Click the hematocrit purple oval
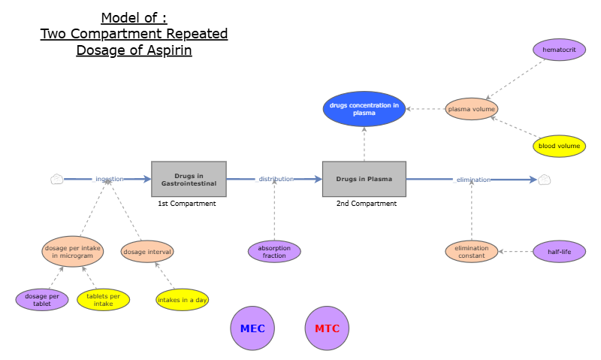pyautogui.click(x=559, y=50)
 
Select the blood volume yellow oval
pyautogui.click(x=559, y=146)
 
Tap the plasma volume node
pyautogui.click(x=471, y=109)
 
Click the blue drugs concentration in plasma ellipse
pyautogui.click(x=364, y=109)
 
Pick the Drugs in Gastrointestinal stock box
pyautogui.click(x=189, y=179)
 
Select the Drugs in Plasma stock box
pyautogui.click(x=364, y=179)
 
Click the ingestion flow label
pyautogui.click(x=110, y=179)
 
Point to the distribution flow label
pyautogui.click(x=276, y=179)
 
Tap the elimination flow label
pyautogui.click(x=473, y=180)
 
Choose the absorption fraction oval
pyautogui.click(x=274, y=252)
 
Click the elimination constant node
pyautogui.click(x=471, y=252)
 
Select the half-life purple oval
pyautogui.click(x=559, y=252)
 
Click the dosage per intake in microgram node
pyautogui.click(x=72, y=252)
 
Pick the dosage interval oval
pyautogui.click(x=147, y=252)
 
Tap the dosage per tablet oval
pyautogui.click(x=42, y=300)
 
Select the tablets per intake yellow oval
pyautogui.click(x=104, y=300)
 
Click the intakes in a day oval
pyautogui.click(x=182, y=300)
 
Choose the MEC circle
pyautogui.click(x=252, y=328)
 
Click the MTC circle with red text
pyautogui.click(x=328, y=328)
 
